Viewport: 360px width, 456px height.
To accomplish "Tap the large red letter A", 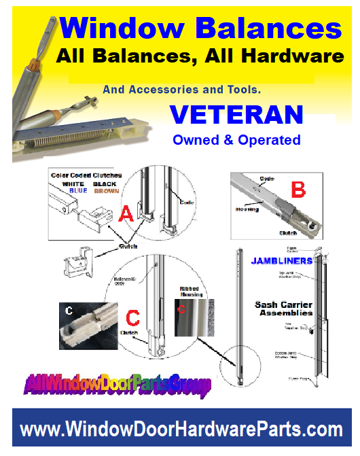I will [125, 215].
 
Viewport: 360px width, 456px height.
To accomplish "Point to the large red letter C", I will [134, 317].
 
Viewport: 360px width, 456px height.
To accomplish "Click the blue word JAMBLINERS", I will [281, 260].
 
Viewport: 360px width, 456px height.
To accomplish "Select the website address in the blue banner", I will [181, 429].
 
